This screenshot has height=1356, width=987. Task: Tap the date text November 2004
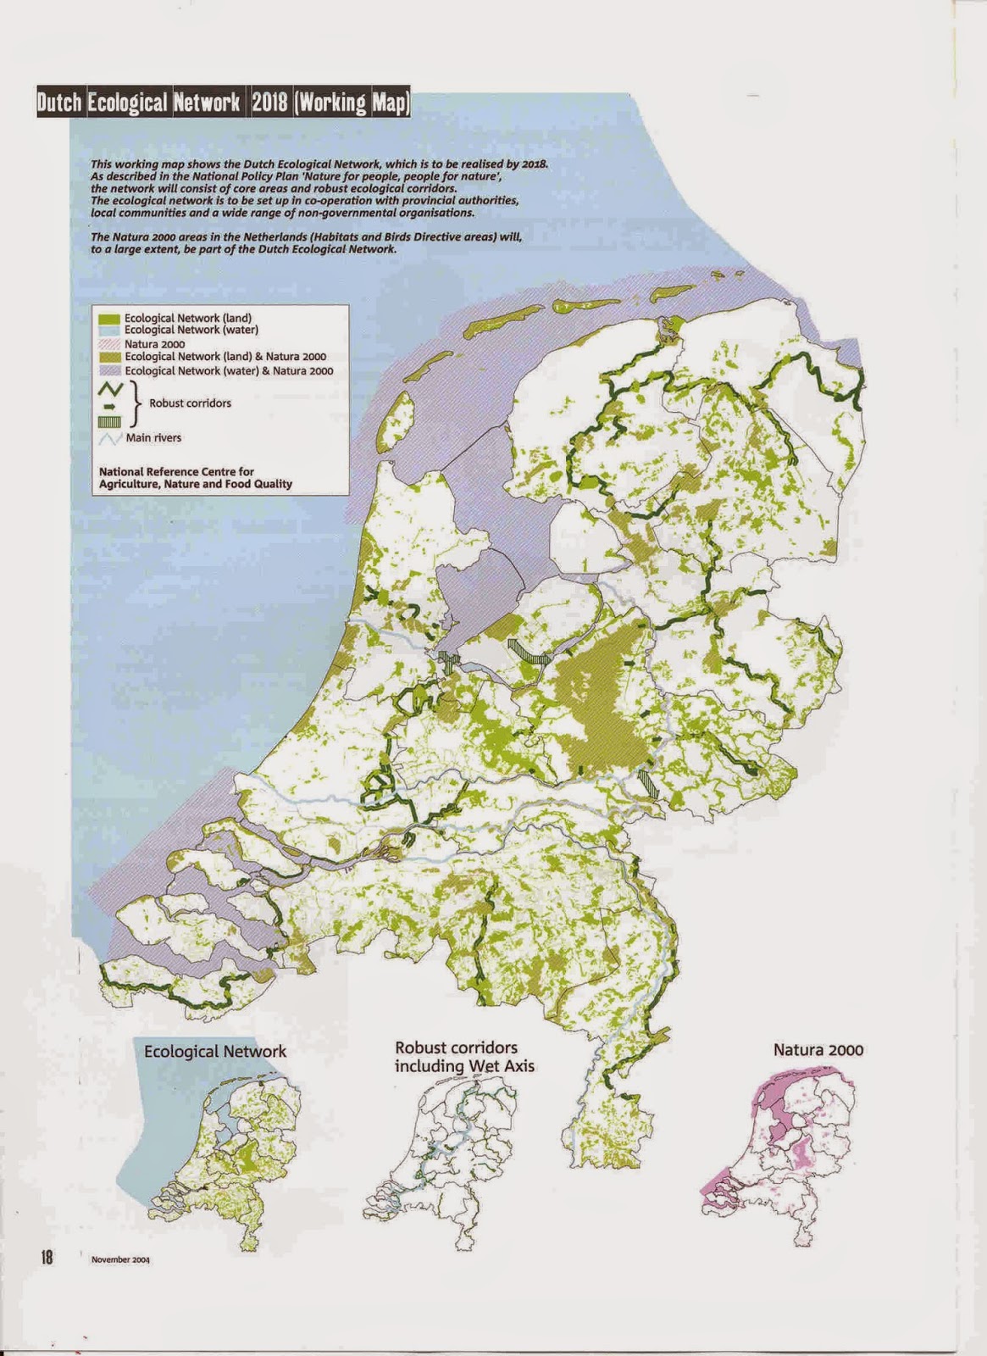click(120, 1259)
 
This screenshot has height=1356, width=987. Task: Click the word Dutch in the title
click(59, 103)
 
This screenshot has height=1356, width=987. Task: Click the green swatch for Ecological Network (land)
click(109, 318)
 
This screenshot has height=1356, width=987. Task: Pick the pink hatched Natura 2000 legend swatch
click(109, 344)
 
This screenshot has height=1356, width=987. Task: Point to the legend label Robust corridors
click(190, 403)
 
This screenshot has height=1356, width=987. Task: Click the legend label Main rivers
click(153, 437)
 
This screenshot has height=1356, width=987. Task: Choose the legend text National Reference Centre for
click(176, 471)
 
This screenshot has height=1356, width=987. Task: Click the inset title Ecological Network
click(215, 1052)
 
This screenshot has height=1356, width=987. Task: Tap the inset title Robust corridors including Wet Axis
click(464, 1057)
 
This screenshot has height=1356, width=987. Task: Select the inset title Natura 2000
click(818, 1050)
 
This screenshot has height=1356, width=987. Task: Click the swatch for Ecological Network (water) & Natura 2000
click(109, 371)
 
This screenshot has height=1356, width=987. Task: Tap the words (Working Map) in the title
click(352, 103)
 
